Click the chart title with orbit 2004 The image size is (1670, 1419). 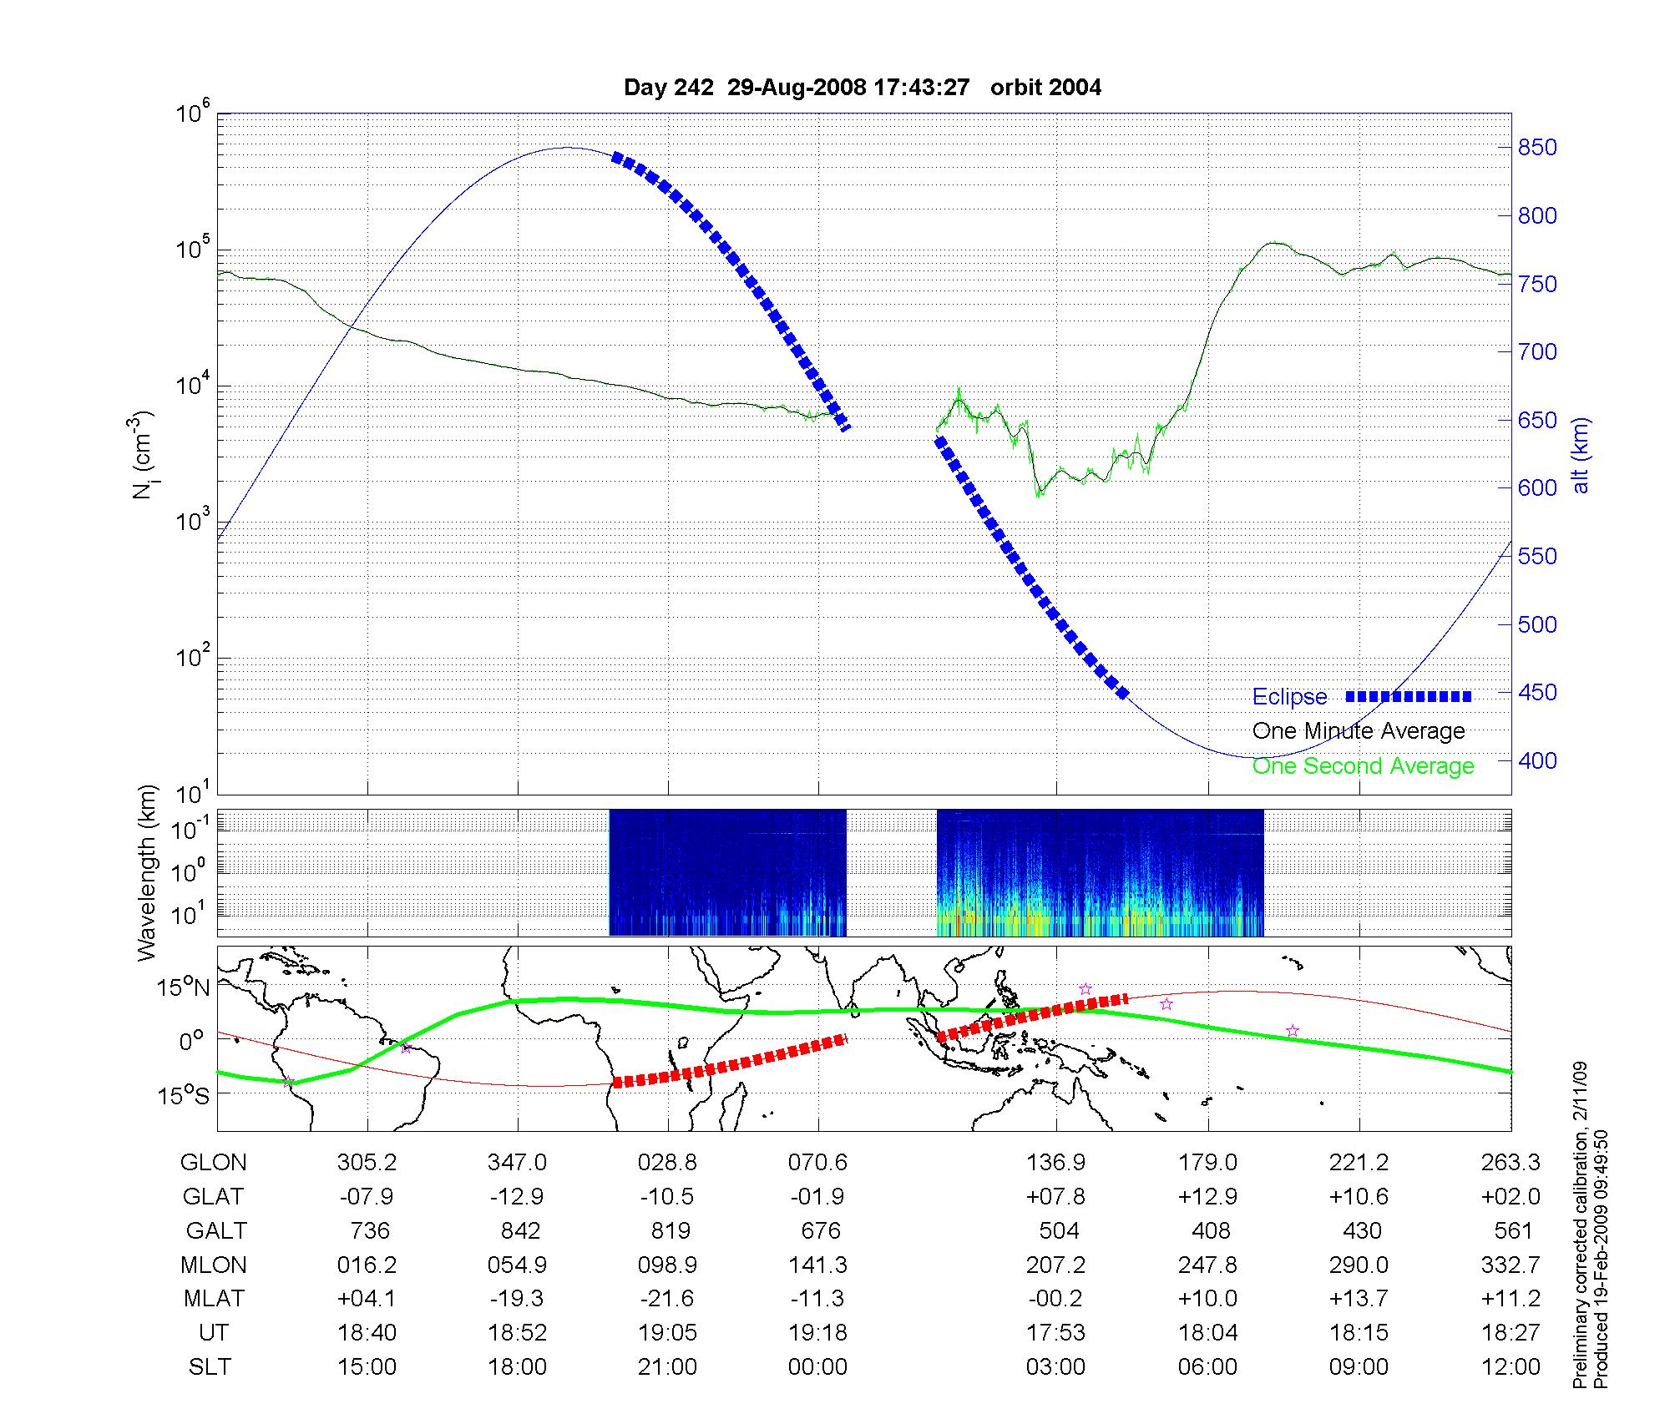click(862, 88)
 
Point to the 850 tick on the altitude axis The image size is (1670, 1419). click(1536, 148)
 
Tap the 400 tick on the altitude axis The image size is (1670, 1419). click(1536, 760)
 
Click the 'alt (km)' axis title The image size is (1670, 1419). click(1581, 455)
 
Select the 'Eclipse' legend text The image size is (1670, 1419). click(1289, 697)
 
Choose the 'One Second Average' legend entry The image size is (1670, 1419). click(1363, 766)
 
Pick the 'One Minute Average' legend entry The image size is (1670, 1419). click(1359, 731)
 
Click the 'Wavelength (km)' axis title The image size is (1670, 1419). click(147, 872)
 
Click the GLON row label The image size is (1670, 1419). click(213, 1163)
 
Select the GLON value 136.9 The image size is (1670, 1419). click(1056, 1163)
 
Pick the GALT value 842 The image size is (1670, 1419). click(518, 1231)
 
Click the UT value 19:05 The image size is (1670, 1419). click(667, 1333)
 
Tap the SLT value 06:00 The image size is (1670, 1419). click(1207, 1367)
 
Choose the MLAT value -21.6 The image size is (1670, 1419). click(667, 1299)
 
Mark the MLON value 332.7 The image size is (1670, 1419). click(1511, 1265)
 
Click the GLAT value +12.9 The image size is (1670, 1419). click(1207, 1197)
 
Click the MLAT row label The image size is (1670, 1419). click(214, 1299)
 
